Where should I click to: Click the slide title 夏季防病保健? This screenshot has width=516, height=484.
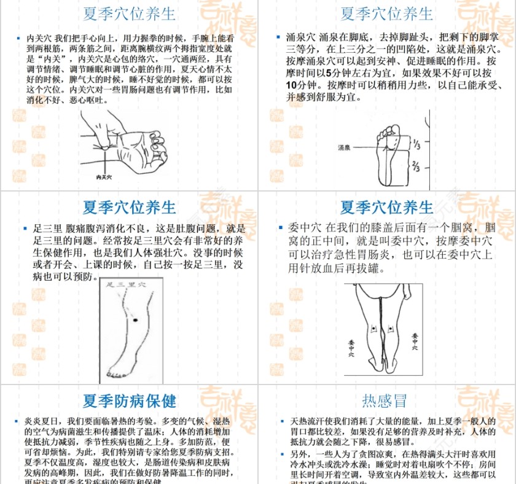point(130,401)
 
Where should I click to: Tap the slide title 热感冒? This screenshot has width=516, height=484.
point(385,401)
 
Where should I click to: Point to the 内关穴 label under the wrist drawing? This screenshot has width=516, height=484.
point(104,177)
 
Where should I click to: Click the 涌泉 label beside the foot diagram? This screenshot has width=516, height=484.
point(344,147)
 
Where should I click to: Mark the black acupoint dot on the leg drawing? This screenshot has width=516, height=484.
point(135,320)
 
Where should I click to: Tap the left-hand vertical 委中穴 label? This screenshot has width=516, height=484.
point(351,347)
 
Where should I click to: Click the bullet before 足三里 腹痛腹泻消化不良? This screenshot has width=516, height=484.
point(25,228)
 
